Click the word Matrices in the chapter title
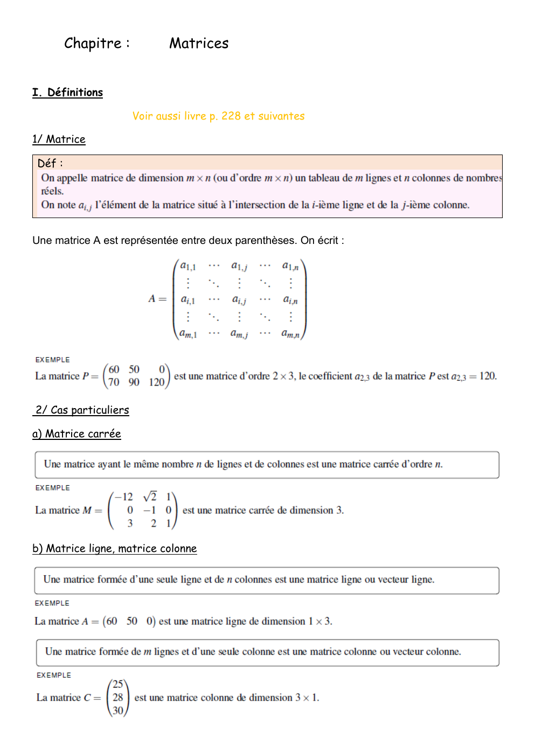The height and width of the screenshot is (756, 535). coord(199,43)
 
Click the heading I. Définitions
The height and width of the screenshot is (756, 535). coord(67,92)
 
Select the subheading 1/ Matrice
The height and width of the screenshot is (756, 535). coord(59,139)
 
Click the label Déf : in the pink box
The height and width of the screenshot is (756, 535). coord(50,163)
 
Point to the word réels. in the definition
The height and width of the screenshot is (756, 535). coord(52,191)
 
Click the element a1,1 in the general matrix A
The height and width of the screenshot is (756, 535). coord(188,266)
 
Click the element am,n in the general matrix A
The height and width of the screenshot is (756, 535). coord(290,334)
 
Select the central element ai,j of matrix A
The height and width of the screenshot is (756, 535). coord(239,300)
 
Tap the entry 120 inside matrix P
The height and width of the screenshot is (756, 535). coord(156,382)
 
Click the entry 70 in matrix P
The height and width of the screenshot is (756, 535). coord(114,382)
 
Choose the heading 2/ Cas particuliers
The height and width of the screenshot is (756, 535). coord(82,410)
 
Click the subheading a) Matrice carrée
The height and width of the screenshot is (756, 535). coord(77,433)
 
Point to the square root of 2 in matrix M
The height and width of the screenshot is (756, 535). coord(150,496)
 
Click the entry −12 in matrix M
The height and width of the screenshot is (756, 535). coord(124,496)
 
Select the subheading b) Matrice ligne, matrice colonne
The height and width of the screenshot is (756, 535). coord(114,548)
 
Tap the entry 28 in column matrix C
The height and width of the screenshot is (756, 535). coord(118,697)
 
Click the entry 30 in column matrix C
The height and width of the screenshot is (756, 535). coord(118,710)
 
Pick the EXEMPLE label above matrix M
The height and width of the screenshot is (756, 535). coord(52,487)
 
